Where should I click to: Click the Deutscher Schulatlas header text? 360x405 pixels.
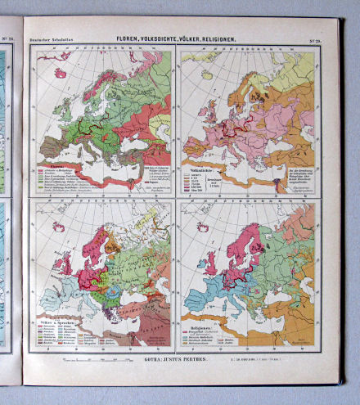(52, 40)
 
